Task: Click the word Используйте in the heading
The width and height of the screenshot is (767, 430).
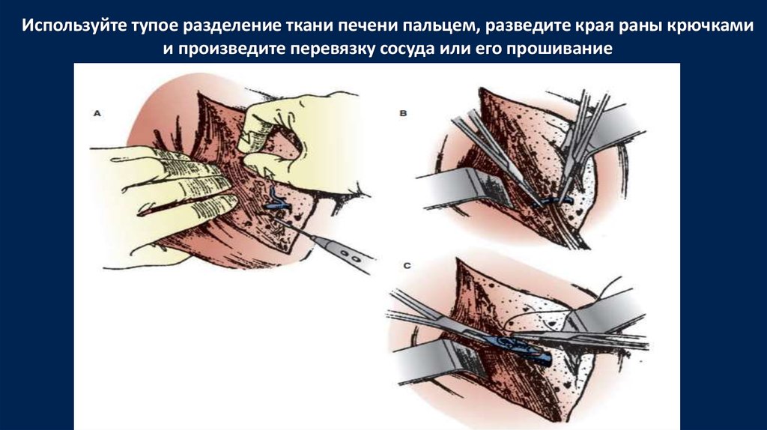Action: [x=73, y=25]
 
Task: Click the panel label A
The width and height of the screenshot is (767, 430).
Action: [x=97, y=113]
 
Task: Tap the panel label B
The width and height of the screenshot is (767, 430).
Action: [x=403, y=113]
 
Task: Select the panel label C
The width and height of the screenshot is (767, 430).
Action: [x=407, y=266]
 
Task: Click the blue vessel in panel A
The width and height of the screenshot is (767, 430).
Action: [x=276, y=202]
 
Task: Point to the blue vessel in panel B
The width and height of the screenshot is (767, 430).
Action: [x=553, y=201]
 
